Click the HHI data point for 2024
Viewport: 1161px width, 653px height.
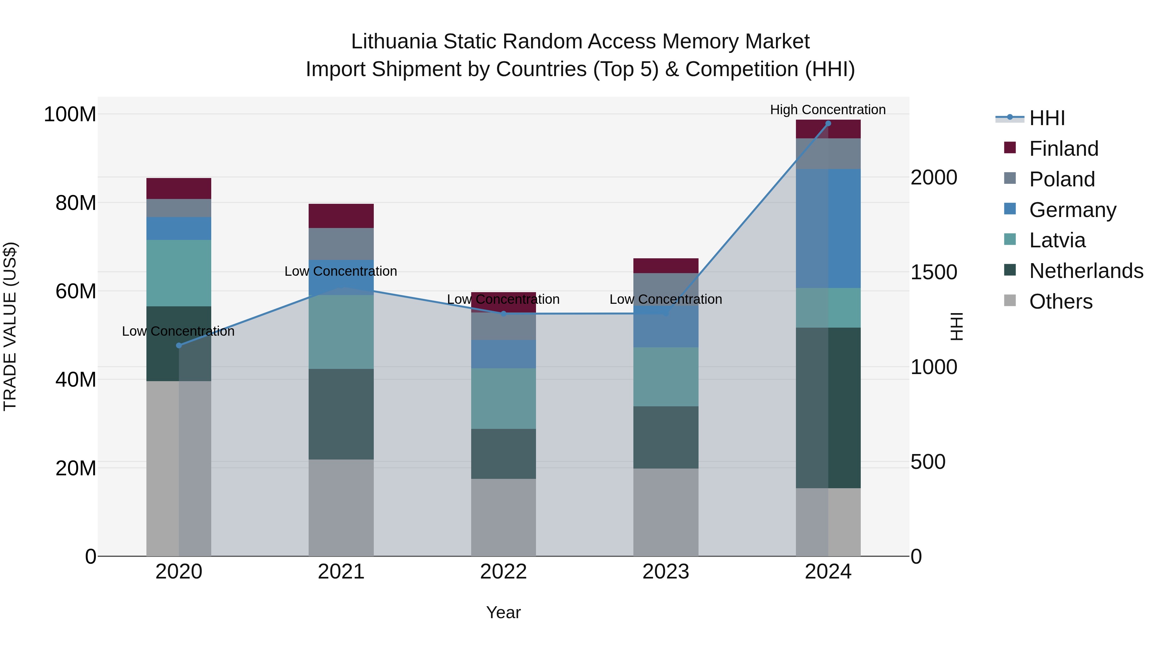(x=828, y=124)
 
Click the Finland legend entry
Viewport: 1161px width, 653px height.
(x=1064, y=149)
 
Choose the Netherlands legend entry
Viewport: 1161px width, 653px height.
(x=1086, y=271)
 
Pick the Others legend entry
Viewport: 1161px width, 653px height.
(x=1060, y=302)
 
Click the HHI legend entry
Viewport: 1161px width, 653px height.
(x=1047, y=118)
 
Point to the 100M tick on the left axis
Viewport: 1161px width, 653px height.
(x=70, y=114)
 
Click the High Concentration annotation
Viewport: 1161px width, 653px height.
(x=828, y=110)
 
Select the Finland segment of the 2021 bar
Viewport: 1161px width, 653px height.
(x=341, y=216)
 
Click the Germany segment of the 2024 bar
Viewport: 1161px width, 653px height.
(x=828, y=229)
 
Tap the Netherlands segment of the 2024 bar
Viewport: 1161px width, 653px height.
(x=828, y=408)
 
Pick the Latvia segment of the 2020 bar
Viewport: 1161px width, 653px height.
(x=179, y=273)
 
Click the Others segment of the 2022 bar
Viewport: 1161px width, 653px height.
(x=503, y=517)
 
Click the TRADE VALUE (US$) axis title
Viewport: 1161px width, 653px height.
(x=10, y=326)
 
